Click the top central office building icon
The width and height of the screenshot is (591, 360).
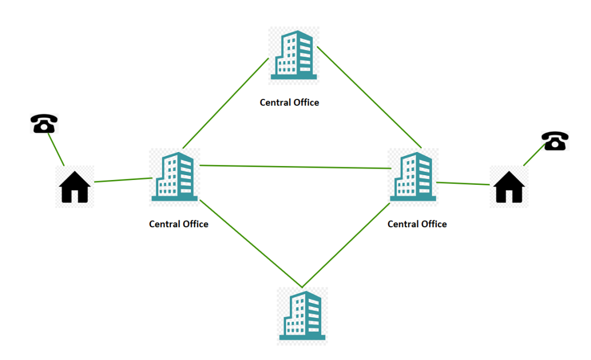(x=293, y=55)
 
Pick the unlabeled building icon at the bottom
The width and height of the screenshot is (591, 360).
(x=302, y=315)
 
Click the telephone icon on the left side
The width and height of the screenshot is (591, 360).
(x=44, y=124)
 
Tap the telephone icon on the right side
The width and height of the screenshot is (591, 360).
(x=554, y=141)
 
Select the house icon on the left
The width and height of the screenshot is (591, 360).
(x=75, y=186)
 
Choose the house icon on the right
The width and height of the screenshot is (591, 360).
(x=509, y=186)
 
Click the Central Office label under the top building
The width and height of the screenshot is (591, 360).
(x=289, y=103)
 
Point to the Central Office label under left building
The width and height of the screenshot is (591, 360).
(x=178, y=224)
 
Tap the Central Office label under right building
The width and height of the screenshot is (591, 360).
(x=417, y=224)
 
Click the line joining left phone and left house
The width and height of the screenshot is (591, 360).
(x=56, y=149)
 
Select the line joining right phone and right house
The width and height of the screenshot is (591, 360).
(x=533, y=156)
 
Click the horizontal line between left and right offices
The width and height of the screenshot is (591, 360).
(x=294, y=167)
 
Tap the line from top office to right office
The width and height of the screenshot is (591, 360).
(x=369, y=97)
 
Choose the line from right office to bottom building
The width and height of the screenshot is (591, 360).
(x=346, y=245)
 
